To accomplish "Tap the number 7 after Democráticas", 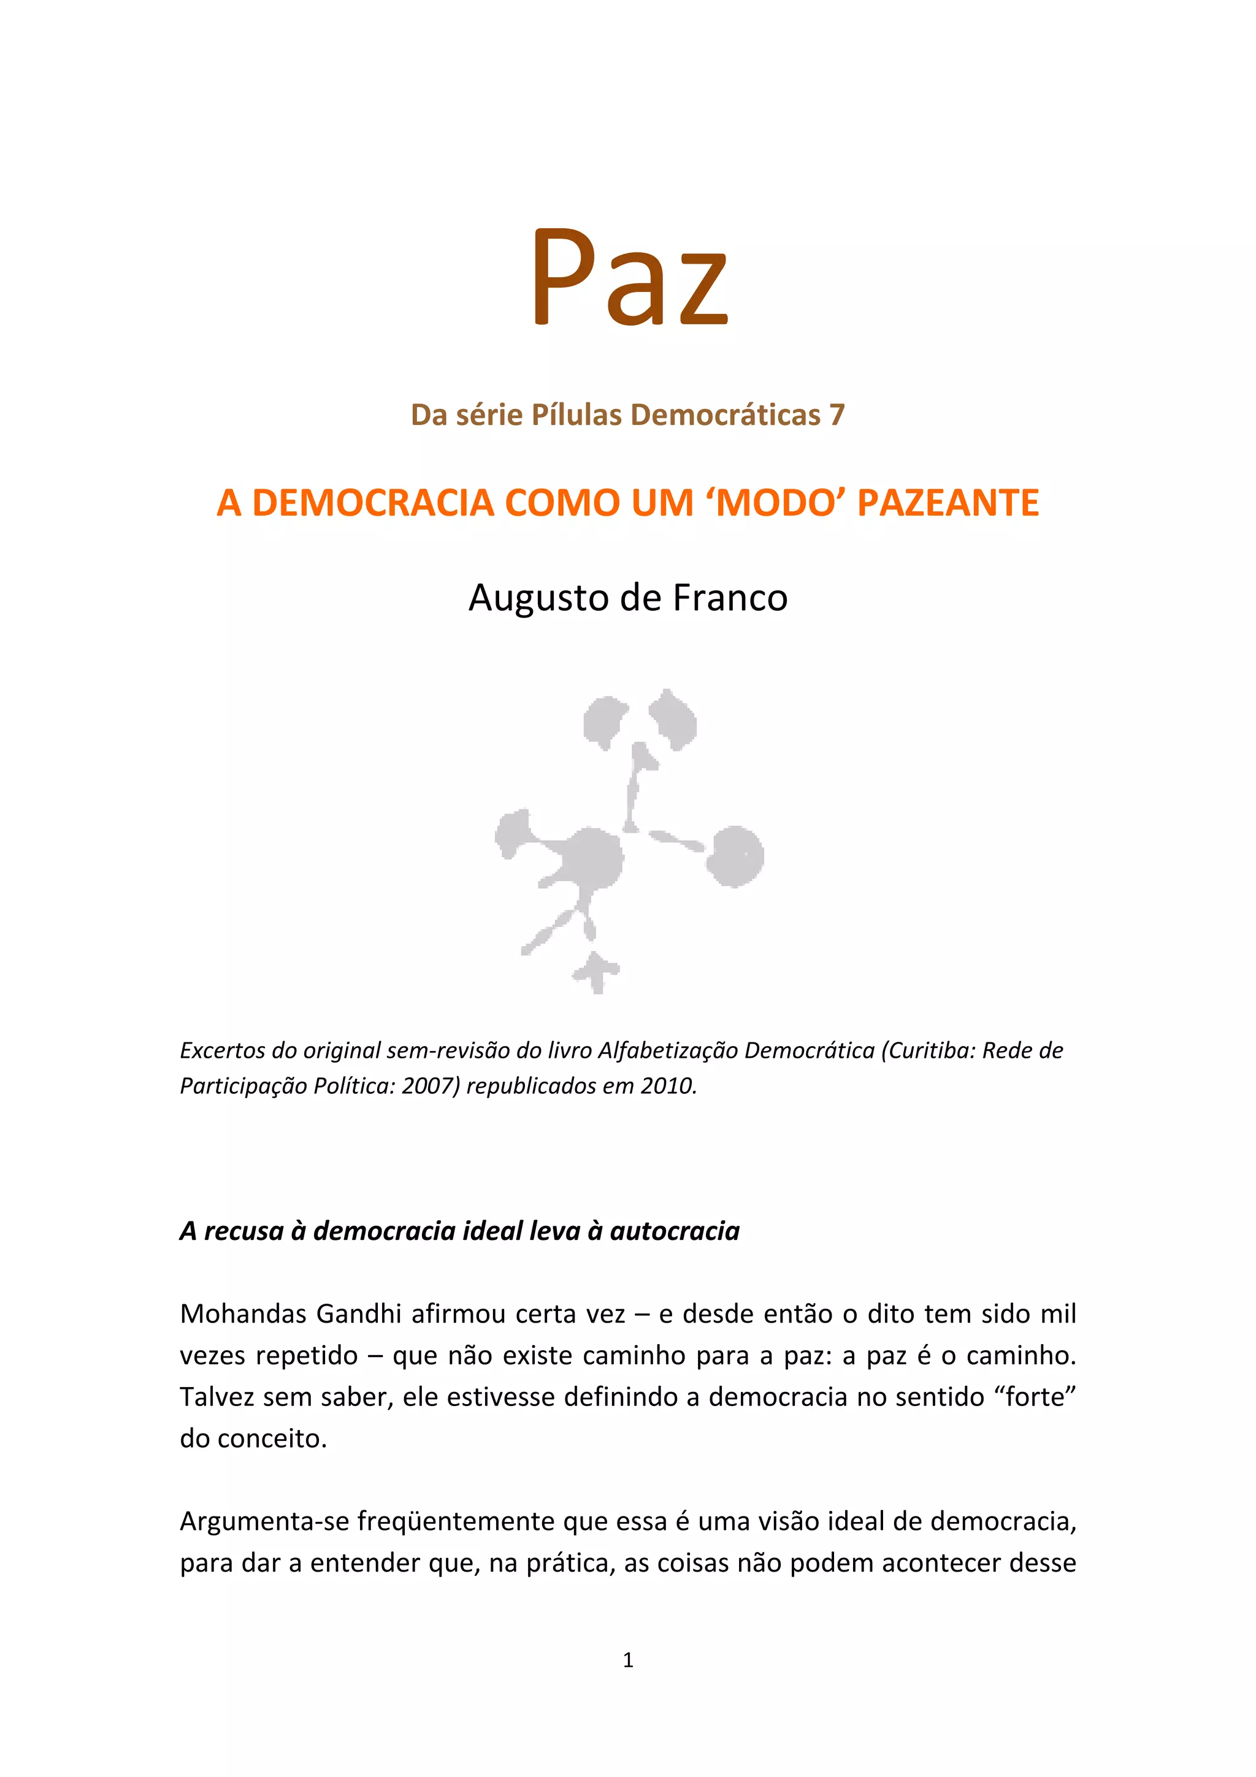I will [837, 416].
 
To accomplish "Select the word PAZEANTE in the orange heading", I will [948, 503].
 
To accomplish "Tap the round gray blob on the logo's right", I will [735, 855].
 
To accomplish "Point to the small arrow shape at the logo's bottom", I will [596, 971].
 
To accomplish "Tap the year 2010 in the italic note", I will [668, 1086].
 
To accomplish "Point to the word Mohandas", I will [243, 1313].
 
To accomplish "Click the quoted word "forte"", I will [1034, 1396].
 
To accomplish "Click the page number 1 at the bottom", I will [627, 1659].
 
